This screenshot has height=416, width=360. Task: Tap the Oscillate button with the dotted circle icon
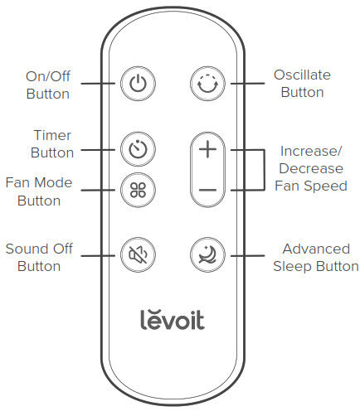tap(207, 84)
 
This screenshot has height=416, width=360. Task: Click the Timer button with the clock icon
tap(137, 150)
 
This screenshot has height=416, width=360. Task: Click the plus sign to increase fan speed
tap(207, 150)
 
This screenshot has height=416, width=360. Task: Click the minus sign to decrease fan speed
tap(207, 190)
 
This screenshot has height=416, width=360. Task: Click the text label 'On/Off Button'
tap(47, 85)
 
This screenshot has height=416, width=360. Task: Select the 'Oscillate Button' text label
tap(302, 84)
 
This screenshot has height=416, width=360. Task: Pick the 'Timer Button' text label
tap(51, 143)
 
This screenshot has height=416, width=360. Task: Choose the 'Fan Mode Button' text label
tap(39, 191)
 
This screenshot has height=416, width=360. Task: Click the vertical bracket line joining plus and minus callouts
tap(263, 170)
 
